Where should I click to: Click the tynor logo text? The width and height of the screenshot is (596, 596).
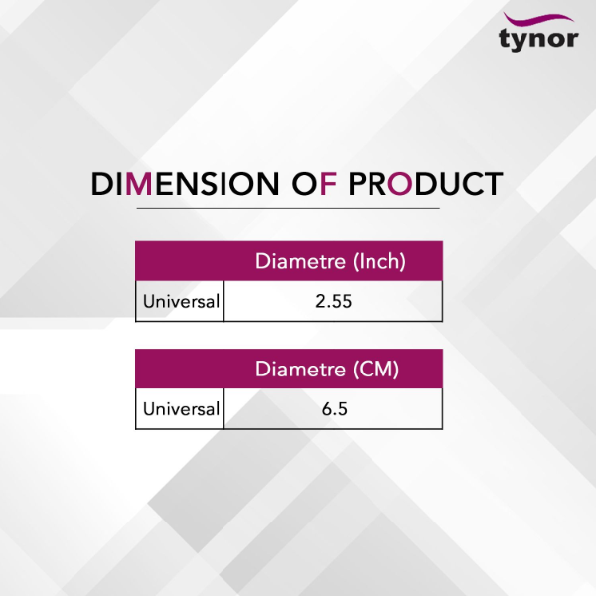point(538,39)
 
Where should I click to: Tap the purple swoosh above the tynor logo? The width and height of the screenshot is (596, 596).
point(538,19)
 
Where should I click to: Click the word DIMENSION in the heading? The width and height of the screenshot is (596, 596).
point(185,184)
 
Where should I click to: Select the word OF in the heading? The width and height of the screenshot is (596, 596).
point(314,184)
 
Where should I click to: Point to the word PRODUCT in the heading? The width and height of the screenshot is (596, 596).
point(426,184)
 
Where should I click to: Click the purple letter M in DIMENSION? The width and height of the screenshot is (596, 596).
point(139,184)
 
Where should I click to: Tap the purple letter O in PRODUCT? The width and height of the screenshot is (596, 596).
point(400,184)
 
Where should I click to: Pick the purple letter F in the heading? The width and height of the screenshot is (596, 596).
point(329,184)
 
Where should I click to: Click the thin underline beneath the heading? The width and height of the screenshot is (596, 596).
point(288,208)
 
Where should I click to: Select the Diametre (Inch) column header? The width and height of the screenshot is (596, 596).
point(331,261)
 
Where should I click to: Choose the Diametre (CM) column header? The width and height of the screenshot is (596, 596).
point(327,370)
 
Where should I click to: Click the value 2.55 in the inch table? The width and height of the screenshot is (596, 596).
point(334,301)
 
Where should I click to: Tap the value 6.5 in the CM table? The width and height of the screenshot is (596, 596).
point(334,409)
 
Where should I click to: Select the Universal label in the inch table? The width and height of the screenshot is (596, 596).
point(181,301)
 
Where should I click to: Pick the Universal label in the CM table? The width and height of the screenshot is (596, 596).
point(181,409)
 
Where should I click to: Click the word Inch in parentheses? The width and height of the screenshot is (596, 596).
point(379,261)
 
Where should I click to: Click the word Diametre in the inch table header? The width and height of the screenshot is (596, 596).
point(300,261)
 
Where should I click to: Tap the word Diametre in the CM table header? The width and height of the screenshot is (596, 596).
point(300,370)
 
